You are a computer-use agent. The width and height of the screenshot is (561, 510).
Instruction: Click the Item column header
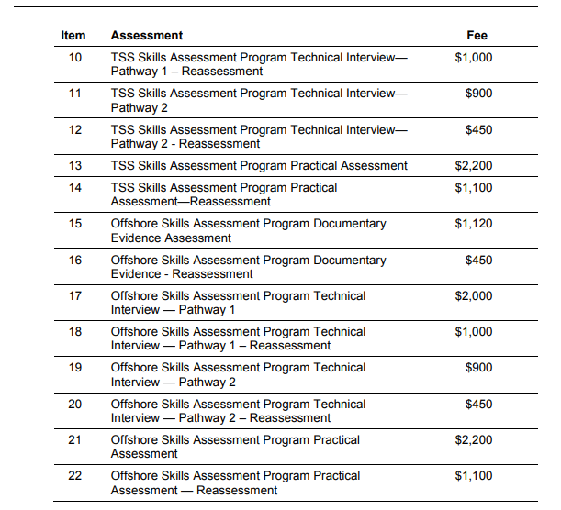tap(73, 36)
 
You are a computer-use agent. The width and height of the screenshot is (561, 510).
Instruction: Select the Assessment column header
tap(146, 36)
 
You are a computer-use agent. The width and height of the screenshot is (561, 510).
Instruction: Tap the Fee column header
tap(477, 36)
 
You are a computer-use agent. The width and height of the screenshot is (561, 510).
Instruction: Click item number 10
tap(74, 57)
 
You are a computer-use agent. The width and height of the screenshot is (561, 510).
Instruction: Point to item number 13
tap(74, 166)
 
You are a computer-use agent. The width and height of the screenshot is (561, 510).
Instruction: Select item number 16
tap(74, 261)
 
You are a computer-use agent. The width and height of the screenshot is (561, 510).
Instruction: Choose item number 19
tap(74, 368)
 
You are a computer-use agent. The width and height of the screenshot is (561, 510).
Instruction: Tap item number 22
tap(74, 476)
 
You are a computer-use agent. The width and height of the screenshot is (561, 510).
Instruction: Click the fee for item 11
tap(478, 94)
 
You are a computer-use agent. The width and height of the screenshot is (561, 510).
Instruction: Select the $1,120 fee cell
tap(474, 224)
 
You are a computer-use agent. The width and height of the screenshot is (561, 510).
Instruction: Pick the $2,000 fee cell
tap(474, 296)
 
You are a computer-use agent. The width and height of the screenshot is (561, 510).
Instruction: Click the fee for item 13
tap(474, 166)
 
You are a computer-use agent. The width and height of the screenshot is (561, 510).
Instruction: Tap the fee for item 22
tap(474, 476)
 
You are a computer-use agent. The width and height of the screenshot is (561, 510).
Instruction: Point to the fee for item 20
tap(478, 405)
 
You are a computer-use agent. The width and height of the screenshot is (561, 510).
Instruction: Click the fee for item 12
tap(478, 130)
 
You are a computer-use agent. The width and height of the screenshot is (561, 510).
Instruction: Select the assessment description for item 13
tap(259, 166)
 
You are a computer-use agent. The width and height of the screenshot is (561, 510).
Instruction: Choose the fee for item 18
tap(474, 332)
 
